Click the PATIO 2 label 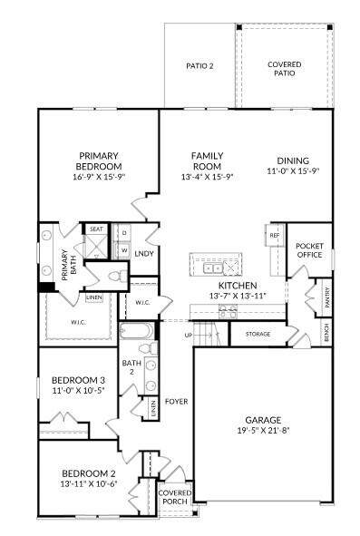pos(199,66)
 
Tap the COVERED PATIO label pos(285,69)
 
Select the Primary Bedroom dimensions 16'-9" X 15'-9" pos(99,177)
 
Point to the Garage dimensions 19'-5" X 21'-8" pos(263,431)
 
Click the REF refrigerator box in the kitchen pos(275,235)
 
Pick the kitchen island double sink pos(213,268)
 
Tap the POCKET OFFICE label pos(309,250)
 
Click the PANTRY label pos(327,297)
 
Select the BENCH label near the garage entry pos(326,332)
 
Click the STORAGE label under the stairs pos(258,334)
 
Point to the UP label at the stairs pos(189,336)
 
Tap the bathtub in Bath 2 pos(137,330)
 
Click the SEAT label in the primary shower pos(96,229)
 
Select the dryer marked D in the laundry pos(124,233)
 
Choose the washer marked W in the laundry pos(124,250)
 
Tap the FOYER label pos(177,401)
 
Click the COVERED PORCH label pos(175,497)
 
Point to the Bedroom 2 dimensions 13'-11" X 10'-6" pos(89,483)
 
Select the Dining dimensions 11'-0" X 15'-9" pos(293,171)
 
